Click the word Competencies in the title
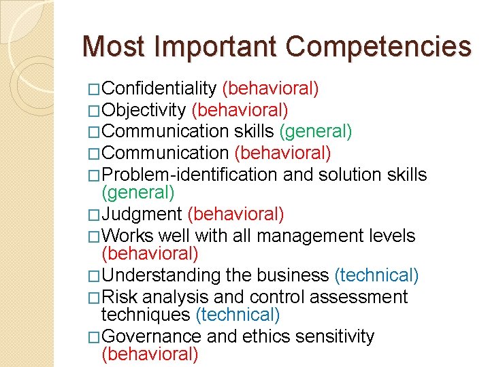coord(378,47)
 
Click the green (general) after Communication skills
coord(316,130)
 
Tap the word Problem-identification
coord(189,175)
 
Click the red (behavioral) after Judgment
coord(235,215)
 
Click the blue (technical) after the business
coord(376,276)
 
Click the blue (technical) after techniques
coord(238,315)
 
